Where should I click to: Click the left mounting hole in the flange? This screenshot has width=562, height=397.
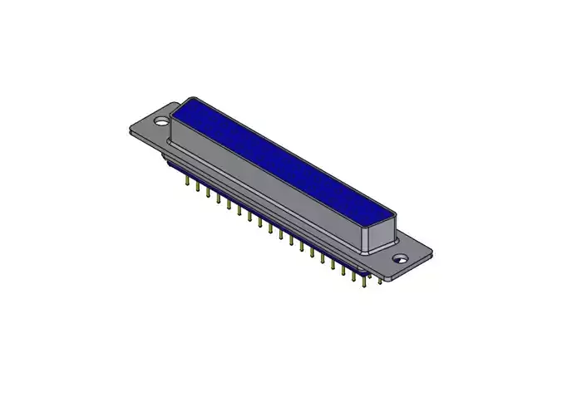click(161, 121)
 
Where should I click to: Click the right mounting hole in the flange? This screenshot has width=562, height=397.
click(401, 258)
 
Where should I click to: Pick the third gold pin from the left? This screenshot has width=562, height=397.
click(207, 194)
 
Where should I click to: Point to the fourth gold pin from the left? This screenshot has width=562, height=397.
click(218, 199)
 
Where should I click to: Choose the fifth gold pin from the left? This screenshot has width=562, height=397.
click(228, 205)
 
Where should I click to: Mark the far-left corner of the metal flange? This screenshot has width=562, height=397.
click(129, 131)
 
